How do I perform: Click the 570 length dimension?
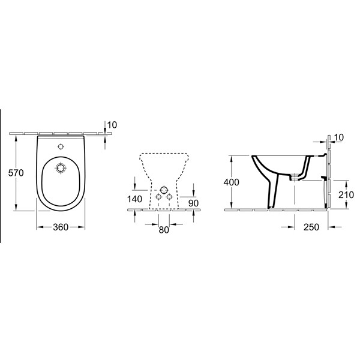coord(16,173)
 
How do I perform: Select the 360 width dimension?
coord(61,227)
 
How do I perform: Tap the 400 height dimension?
coord(232,182)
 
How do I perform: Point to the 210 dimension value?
coord(346,194)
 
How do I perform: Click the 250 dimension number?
coord(311,227)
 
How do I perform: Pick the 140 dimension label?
coord(134,199)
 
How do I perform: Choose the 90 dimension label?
coord(193,203)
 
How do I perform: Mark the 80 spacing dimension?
coord(164,230)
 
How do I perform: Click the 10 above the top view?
coord(112,125)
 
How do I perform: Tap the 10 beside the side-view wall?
coord(339,137)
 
